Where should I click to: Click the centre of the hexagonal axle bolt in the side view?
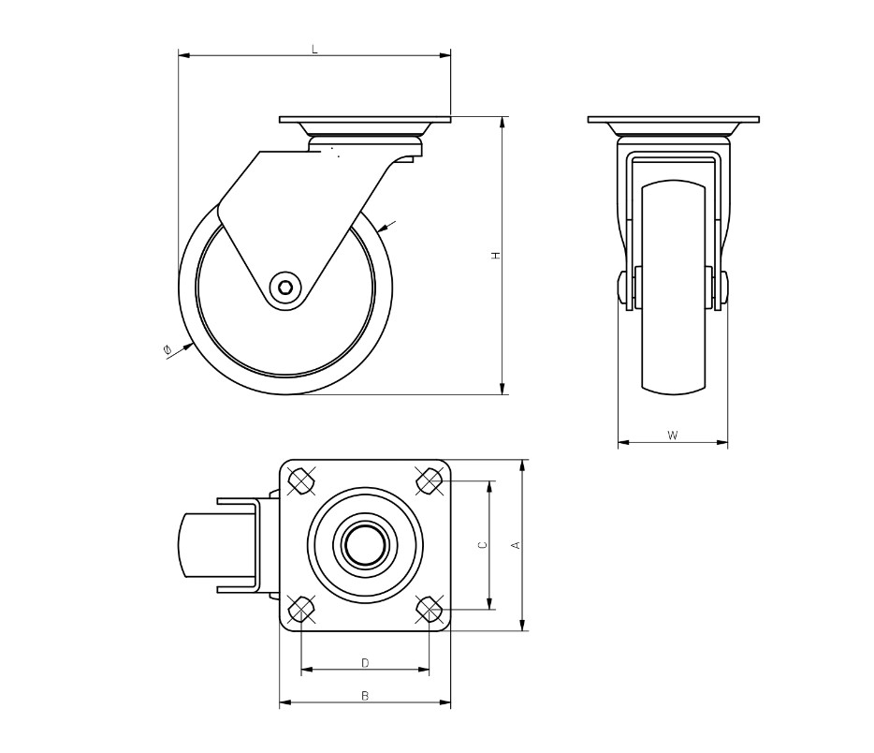tap(285, 288)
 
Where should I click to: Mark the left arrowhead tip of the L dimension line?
tap(179, 55)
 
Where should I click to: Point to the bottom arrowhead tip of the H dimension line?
tap(503, 394)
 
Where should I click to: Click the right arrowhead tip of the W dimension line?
tap(728, 443)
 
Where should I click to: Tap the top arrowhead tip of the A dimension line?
tap(523, 460)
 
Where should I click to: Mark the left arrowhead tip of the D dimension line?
tap(301, 669)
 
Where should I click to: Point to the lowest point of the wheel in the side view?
tap(285, 394)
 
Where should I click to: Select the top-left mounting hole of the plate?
tap(301, 480)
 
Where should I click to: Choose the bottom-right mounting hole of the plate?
tap(430, 609)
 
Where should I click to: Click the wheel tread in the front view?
tap(674, 287)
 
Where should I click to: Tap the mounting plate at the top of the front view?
tap(674, 120)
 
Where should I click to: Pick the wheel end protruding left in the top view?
tap(197, 545)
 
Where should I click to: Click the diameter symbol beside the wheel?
tap(167, 350)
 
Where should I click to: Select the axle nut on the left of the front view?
tap(622, 288)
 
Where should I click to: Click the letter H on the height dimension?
tap(495, 256)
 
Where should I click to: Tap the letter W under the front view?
tap(673, 436)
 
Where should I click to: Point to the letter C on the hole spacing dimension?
tap(483, 545)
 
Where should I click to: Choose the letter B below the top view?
tap(365, 696)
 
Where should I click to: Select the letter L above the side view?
tap(314, 50)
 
